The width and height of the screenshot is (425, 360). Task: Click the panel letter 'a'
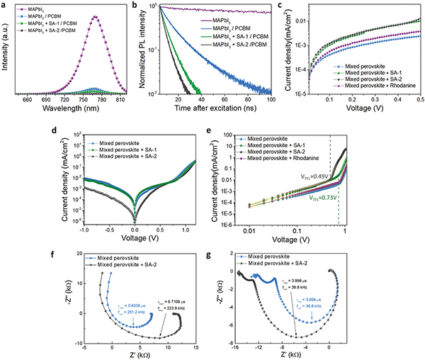[x=5, y=6]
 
